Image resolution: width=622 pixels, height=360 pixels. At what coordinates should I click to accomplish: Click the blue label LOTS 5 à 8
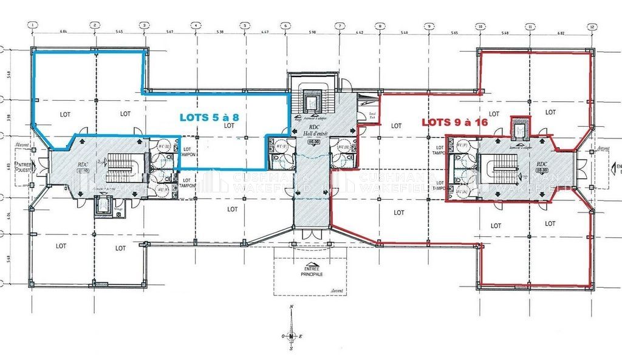[x=207, y=117]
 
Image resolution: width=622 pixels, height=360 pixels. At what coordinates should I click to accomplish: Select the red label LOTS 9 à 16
[x=455, y=121]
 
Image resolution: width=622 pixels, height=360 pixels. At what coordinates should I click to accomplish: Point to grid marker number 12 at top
[x=590, y=26]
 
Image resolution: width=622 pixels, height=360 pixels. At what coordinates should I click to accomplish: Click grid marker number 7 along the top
[x=340, y=25]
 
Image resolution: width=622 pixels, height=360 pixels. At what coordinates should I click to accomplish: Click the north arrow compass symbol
[x=292, y=336]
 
